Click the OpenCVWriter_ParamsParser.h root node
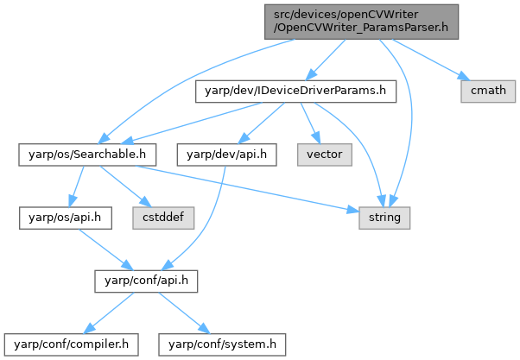(x=361, y=20)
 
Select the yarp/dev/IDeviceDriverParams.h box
(x=297, y=89)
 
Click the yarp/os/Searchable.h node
(x=87, y=155)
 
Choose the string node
(x=385, y=217)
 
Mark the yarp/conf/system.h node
(x=223, y=344)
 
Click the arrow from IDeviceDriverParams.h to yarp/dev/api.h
(x=264, y=122)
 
